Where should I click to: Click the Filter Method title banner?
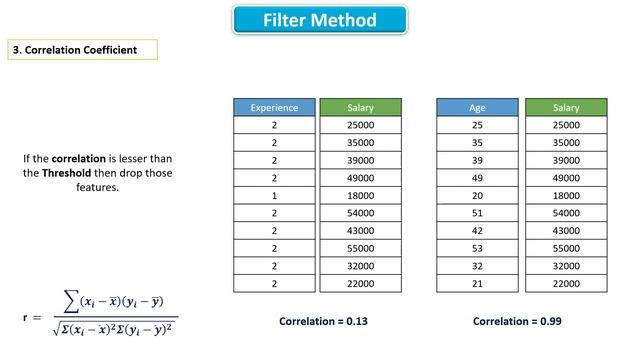tap(320, 20)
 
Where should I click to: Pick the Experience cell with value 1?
tap(274, 196)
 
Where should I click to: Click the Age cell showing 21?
tap(477, 283)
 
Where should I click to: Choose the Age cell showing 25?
tap(477, 125)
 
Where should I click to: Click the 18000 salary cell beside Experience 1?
tap(360, 196)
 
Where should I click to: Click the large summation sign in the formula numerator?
tap(71, 301)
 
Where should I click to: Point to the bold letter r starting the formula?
tap(24, 318)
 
